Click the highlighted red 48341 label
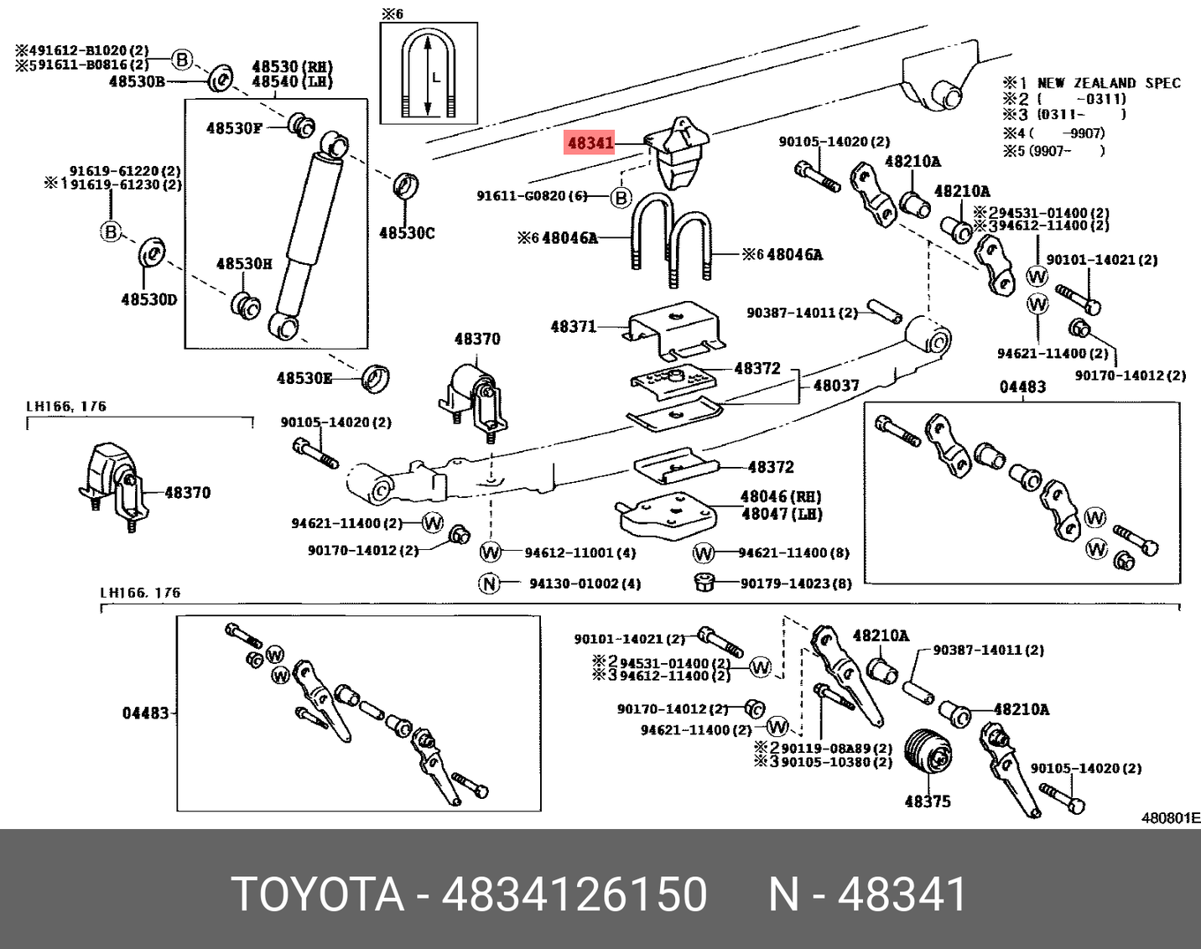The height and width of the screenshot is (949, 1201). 590,143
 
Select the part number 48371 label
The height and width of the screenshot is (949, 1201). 573,326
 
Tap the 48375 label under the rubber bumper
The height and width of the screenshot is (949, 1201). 928,801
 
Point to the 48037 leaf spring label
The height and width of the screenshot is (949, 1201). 836,386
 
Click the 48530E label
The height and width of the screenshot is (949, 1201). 304,379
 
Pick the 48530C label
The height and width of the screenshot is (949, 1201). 407,233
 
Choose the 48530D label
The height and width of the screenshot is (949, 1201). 149,299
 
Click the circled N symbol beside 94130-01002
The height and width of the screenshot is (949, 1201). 490,583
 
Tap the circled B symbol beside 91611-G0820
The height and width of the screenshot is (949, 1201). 621,198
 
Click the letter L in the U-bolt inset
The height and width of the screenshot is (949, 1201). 436,77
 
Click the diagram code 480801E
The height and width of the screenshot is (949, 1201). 1170,817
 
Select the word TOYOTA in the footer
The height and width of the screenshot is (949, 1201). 318,894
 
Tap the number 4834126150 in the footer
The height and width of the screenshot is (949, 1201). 575,894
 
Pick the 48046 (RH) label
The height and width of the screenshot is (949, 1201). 781,496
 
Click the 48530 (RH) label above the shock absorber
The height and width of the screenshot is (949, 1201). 292,67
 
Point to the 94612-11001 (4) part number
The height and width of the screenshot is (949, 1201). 580,553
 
